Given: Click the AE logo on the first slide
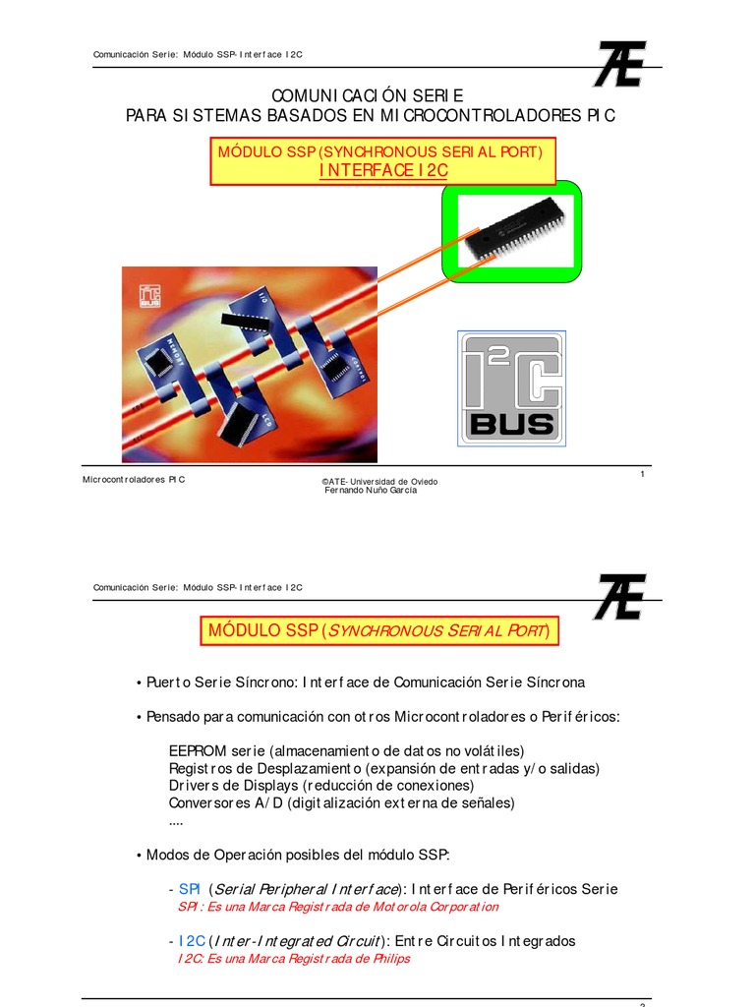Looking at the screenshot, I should tap(618, 64).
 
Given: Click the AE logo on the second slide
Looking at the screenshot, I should tap(618, 597).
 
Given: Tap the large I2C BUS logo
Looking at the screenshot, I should tap(511, 388).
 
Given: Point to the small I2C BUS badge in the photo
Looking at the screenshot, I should tap(149, 292).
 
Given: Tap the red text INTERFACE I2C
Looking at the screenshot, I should tap(383, 171).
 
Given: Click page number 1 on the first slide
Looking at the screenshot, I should tap(642, 475).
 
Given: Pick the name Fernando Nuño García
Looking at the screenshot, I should tap(371, 491).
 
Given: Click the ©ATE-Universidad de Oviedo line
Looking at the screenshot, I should tap(379, 482).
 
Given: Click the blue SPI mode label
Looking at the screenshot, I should tap(190, 889).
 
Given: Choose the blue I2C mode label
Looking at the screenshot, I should tap(192, 941).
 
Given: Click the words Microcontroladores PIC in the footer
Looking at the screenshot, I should tap(134, 479).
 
